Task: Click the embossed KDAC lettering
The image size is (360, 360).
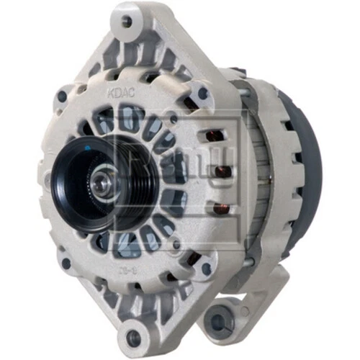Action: point(118,94)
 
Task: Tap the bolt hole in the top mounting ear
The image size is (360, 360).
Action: point(127,22)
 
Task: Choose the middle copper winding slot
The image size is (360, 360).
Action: point(224,171)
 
